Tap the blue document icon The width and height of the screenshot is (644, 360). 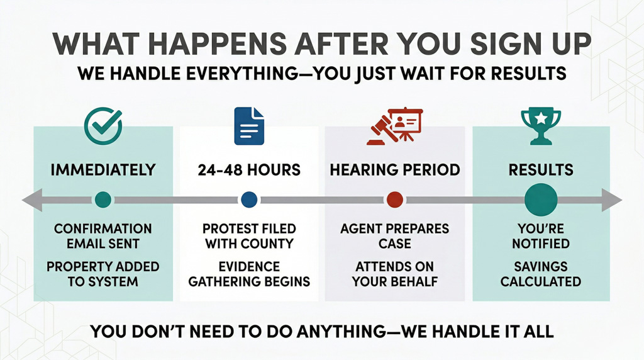[249, 126]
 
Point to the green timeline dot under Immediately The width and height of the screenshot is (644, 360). [103, 200]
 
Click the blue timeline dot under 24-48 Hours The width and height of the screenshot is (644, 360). [249, 200]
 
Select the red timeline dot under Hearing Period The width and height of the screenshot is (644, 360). [394, 200]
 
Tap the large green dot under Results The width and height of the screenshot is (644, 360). [541, 200]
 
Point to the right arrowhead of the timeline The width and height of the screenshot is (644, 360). [613, 200]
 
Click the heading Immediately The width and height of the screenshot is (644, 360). [103, 170]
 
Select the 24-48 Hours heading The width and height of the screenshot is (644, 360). [249, 170]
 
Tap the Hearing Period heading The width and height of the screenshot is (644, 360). [394, 170]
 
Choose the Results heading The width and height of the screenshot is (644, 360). [541, 170]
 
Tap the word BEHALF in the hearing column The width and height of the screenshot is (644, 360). [413, 281]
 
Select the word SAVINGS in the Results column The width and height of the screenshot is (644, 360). [541, 267]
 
